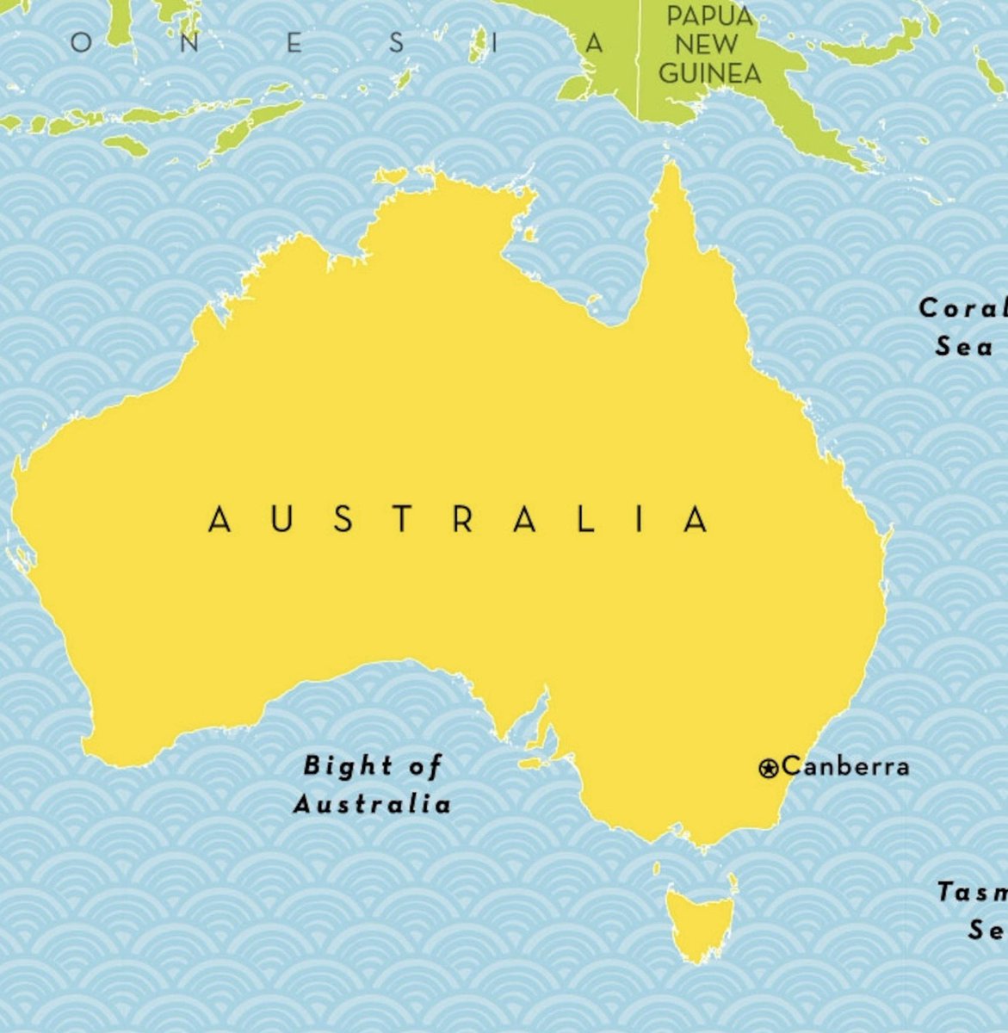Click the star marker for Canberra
click(x=768, y=768)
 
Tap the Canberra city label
click(x=845, y=765)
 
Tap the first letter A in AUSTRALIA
click(x=220, y=520)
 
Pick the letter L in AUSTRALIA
click(x=586, y=520)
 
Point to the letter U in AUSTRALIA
click(x=281, y=520)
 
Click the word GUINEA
click(x=709, y=73)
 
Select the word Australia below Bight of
click(x=372, y=805)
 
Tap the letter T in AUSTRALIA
click(x=403, y=520)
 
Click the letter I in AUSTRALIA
click(x=641, y=520)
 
